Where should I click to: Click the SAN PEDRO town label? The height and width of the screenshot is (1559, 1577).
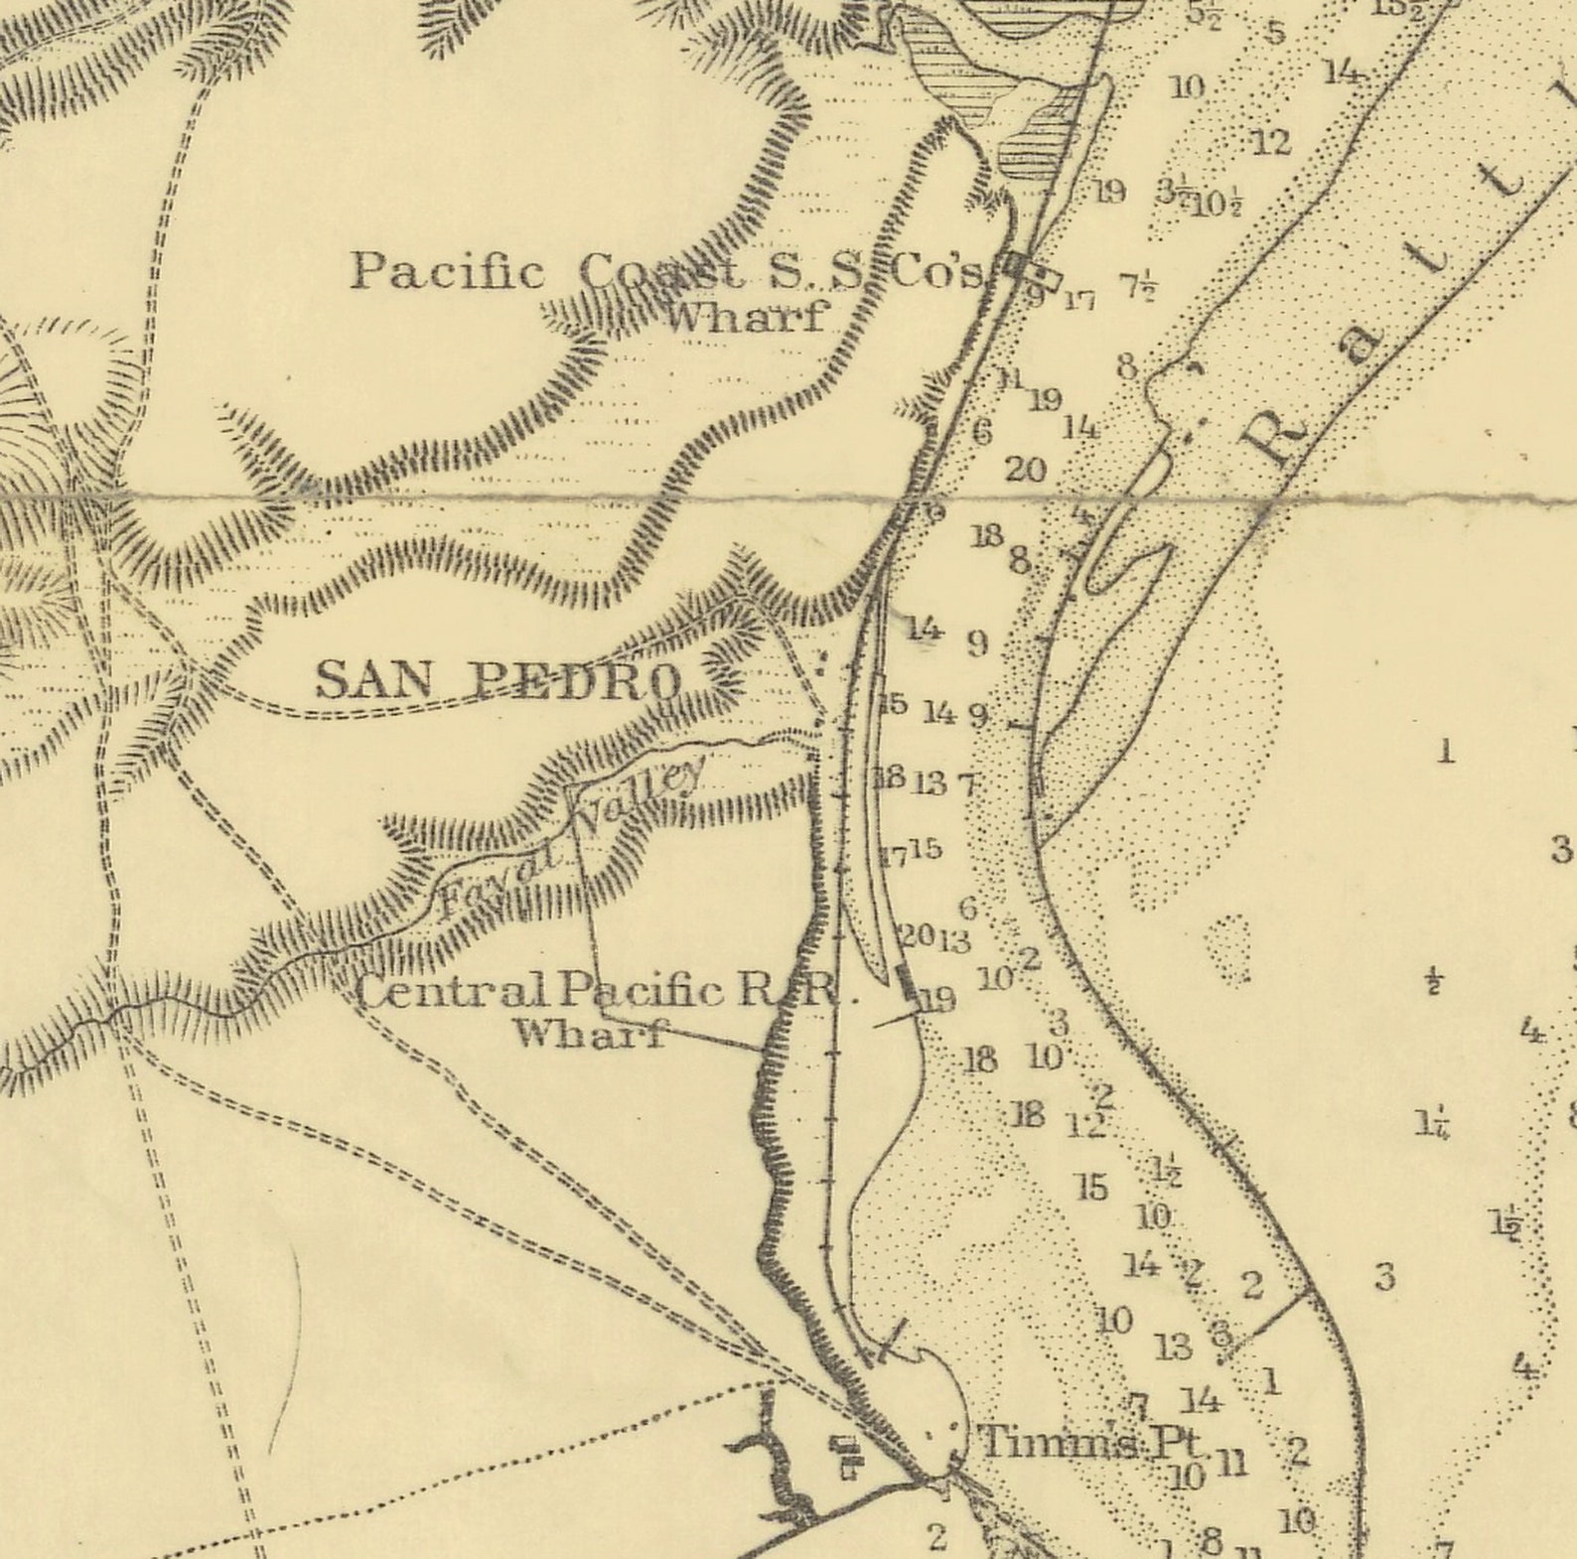pyautogui.click(x=499, y=680)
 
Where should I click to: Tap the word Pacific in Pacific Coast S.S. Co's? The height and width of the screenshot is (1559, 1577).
pyautogui.click(x=447, y=271)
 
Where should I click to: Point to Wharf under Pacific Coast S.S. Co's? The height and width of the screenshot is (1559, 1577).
pyautogui.click(x=745, y=317)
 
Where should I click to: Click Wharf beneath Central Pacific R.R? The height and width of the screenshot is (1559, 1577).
pyautogui.click(x=588, y=1034)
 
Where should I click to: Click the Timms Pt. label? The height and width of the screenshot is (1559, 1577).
pyautogui.click(x=1090, y=1441)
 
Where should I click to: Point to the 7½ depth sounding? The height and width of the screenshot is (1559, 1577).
pyautogui.click(x=1137, y=286)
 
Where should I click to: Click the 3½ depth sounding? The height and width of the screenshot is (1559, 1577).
pyautogui.click(x=1172, y=190)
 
